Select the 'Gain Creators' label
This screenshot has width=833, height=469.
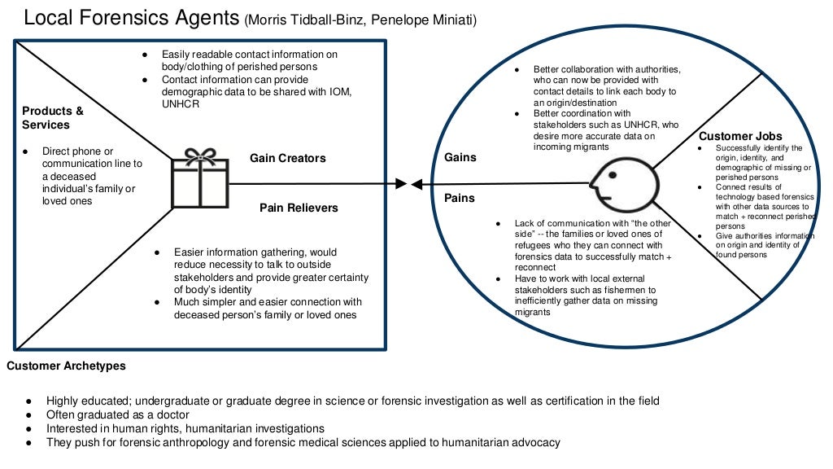[x=287, y=158]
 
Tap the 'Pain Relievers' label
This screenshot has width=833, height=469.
[x=299, y=208]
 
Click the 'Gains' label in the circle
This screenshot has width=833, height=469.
[x=460, y=157]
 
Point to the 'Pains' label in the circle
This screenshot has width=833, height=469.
[x=460, y=198]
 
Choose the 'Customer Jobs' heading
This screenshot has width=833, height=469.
[x=740, y=136]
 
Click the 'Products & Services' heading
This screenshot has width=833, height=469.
[x=53, y=118]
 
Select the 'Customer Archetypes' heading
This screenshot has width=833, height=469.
[x=66, y=366]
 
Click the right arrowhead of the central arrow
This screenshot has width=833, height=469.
[x=416, y=185]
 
